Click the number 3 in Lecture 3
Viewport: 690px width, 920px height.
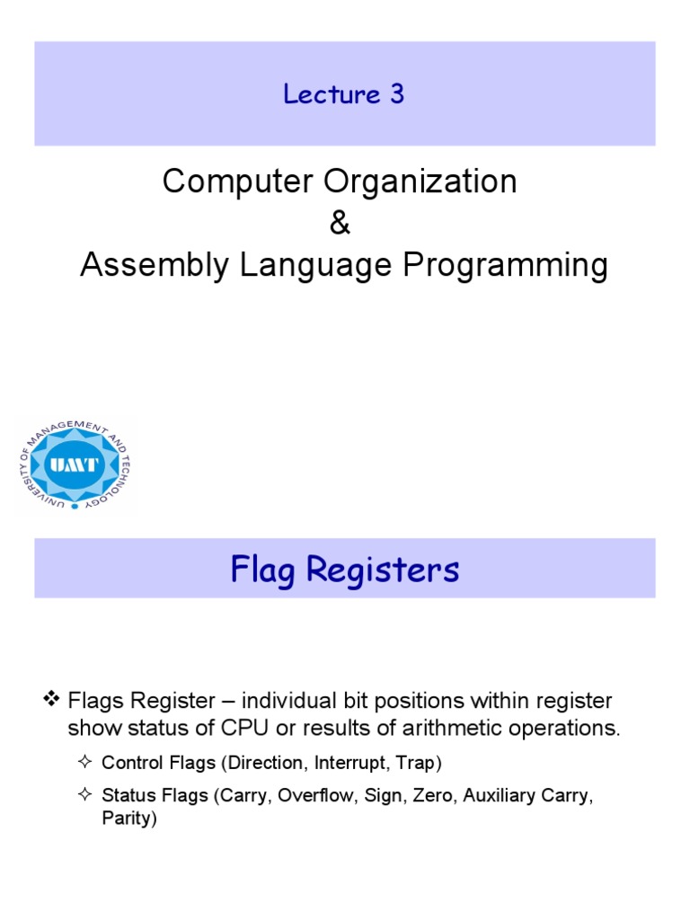(396, 94)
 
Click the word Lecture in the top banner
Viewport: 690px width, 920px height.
(332, 94)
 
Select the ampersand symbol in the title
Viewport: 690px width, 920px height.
(340, 224)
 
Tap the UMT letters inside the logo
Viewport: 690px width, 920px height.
(75, 465)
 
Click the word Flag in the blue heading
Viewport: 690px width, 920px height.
(261, 569)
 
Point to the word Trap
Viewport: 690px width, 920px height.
(414, 763)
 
